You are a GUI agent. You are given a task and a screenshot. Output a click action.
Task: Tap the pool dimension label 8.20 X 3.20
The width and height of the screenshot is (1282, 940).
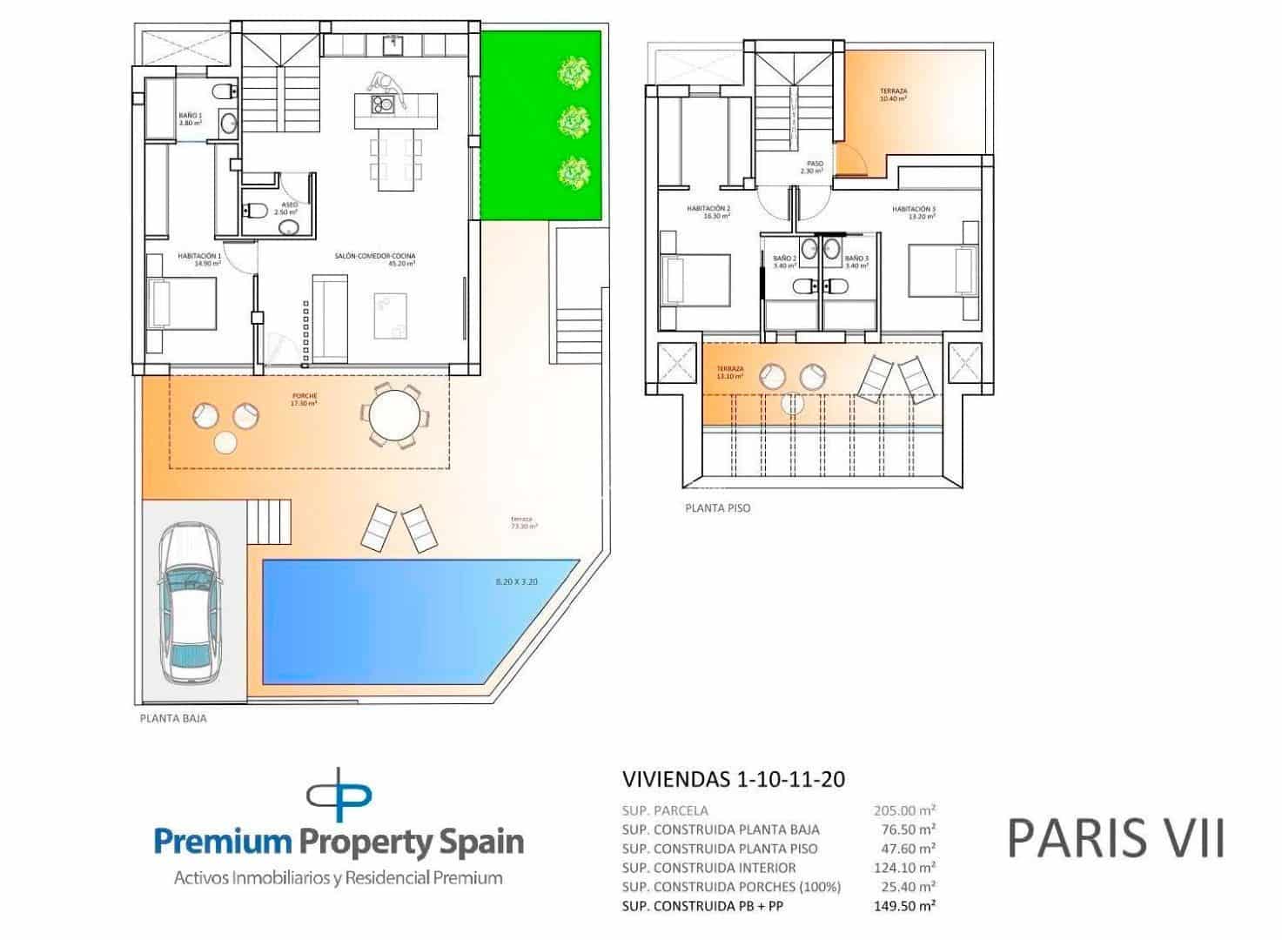pos(516,581)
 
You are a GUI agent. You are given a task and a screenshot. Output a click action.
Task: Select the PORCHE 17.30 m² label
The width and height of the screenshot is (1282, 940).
pos(304,399)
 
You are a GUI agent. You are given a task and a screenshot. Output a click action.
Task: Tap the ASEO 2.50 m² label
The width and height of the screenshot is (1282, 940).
pos(285,208)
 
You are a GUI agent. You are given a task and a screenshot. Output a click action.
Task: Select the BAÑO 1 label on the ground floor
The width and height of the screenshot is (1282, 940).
pos(190,119)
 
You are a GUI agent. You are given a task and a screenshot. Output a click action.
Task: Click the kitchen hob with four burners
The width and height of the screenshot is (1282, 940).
pos(382,105)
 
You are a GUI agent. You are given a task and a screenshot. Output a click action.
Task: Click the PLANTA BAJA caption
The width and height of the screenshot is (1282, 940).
pos(173,719)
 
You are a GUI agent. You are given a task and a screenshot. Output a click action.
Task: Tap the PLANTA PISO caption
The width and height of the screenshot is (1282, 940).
pos(717,507)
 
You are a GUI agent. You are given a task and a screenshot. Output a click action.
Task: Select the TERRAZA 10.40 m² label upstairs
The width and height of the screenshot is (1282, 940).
pos(893,95)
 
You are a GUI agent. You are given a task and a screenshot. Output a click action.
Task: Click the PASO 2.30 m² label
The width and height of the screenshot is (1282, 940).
pos(812,167)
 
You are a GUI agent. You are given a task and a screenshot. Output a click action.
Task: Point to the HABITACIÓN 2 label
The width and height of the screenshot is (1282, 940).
pos(708,212)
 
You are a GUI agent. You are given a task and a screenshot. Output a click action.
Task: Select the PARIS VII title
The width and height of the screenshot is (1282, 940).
pos(1116,837)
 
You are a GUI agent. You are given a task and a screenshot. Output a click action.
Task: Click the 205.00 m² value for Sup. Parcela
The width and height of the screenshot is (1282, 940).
pos(904,810)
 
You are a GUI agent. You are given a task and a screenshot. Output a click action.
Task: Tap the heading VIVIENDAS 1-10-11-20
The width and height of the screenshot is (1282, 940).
pos(734,779)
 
